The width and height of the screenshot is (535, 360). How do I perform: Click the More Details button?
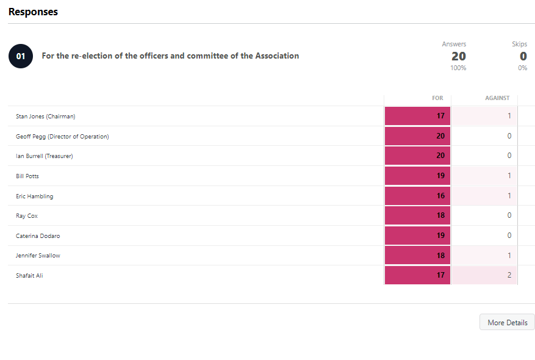pyautogui.click(x=507, y=322)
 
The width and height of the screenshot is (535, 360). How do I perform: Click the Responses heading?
pyautogui.click(x=33, y=12)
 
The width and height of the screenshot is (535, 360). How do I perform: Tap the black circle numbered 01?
pyautogui.click(x=20, y=56)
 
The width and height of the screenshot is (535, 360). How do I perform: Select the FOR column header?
pyautogui.click(x=437, y=98)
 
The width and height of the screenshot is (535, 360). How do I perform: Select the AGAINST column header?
pyautogui.click(x=497, y=98)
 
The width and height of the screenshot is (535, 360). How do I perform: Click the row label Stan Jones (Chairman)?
pyautogui.click(x=46, y=116)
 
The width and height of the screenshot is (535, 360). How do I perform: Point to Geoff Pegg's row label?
pyautogui.click(x=62, y=136)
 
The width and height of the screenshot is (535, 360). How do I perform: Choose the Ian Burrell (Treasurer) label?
pyautogui.click(x=45, y=156)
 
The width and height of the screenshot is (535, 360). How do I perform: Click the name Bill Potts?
pyautogui.click(x=27, y=176)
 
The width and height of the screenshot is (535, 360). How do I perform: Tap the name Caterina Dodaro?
pyautogui.click(x=38, y=236)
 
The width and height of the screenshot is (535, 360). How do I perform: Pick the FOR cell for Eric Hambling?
pyautogui.click(x=417, y=196)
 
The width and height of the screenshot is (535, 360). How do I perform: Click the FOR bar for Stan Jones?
pyautogui.click(x=417, y=116)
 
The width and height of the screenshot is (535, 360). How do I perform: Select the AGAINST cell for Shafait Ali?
pyautogui.click(x=484, y=275)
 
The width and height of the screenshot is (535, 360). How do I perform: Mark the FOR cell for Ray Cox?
pyautogui.click(x=417, y=215)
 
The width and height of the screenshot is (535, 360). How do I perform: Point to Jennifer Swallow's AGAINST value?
pyautogui.click(x=484, y=255)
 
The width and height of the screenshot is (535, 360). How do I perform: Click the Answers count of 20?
pyautogui.click(x=458, y=56)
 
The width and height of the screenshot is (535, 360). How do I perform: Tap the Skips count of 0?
pyautogui.click(x=523, y=56)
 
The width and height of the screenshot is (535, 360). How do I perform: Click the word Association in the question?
pyautogui.click(x=278, y=56)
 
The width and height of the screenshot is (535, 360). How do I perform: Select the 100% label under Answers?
pyautogui.click(x=458, y=68)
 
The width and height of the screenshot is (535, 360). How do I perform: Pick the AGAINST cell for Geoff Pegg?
pyautogui.click(x=484, y=136)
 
